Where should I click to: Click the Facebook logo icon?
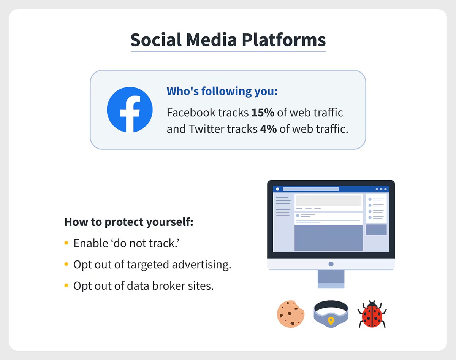coord(130,109)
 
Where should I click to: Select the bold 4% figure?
coord(268,129)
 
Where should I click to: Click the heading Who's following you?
coord(222,92)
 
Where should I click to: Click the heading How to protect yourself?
coord(129,222)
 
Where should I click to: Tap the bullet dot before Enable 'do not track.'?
coord(66,243)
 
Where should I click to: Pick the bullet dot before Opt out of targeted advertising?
coord(66,264)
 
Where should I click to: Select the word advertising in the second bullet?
coord(201,265)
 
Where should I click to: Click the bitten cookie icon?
coord(291,314)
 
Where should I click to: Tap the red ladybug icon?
coord(372,314)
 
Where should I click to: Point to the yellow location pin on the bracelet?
coord(331,320)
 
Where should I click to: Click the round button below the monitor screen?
coord(331,264)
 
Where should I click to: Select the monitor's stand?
coord(331,279)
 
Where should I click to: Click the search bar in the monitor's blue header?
coord(310,189)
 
